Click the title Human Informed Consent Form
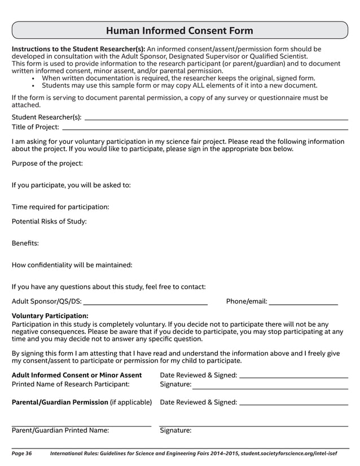tap(179, 30)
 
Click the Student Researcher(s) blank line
tap(216, 119)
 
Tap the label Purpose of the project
tap(47, 164)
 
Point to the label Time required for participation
tap(60, 207)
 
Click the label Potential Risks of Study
tap(49, 222)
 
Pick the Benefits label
tap(25, 244)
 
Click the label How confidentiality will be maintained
tap(72, 265)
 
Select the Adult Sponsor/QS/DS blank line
tap(145, 304)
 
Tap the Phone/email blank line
tap(303, 304)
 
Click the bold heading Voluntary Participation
tap(50, 316)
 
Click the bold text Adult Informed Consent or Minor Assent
tap(77, 375)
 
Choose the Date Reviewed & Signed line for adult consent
tap(293, 377)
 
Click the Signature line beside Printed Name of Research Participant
tap(270, 388)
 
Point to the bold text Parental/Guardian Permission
tap(60, 402)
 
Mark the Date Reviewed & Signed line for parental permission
tap(293, 405)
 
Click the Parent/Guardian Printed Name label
tap(60, 430)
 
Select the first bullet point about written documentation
tap(178, 78)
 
